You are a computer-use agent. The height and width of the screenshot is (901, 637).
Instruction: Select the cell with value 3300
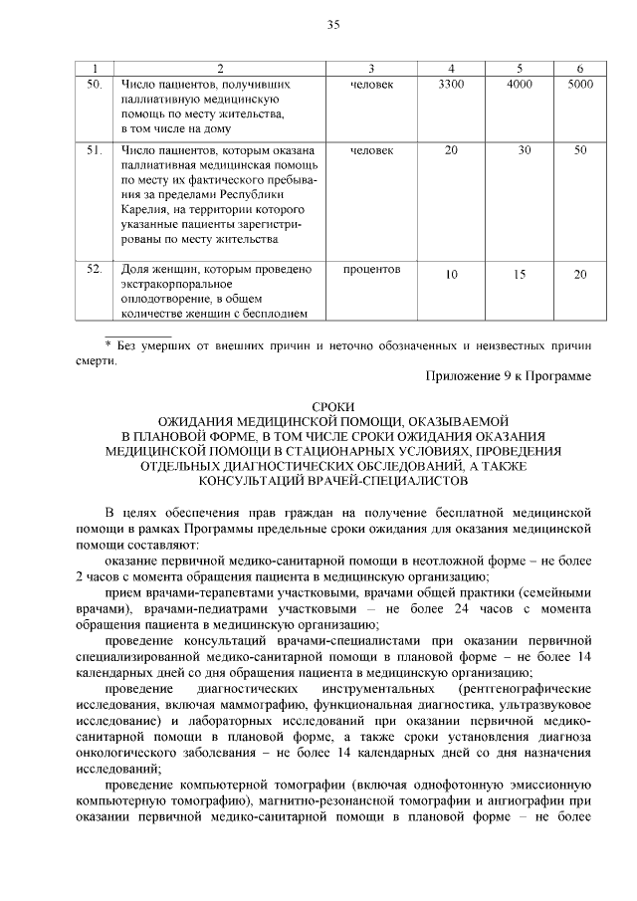[451, 85]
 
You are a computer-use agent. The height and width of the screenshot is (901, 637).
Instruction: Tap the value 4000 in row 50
[519, 85]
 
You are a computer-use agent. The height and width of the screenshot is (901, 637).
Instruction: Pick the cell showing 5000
[580, 85]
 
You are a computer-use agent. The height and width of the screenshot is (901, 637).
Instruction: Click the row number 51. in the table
[96, 150]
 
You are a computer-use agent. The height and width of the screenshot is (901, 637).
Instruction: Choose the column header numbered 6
[580, 68]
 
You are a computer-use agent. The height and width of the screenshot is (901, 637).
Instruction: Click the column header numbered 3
[370, 68]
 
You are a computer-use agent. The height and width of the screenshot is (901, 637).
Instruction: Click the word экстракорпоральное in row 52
[177, 285]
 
